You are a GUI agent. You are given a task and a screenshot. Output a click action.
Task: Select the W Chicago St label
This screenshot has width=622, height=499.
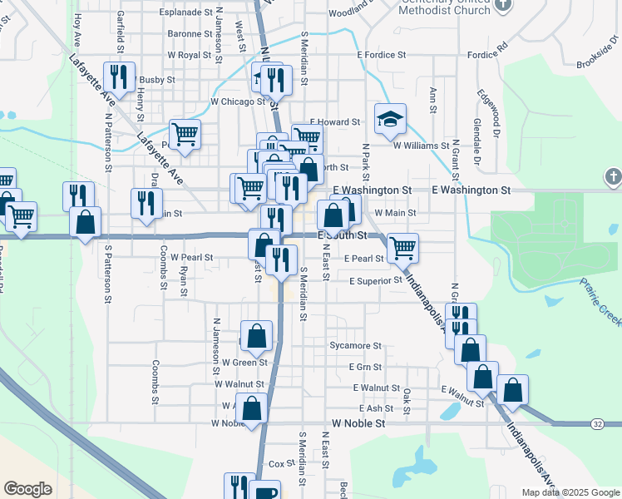(237, 101)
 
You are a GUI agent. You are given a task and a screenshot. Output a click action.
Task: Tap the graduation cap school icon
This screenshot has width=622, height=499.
(389, 119)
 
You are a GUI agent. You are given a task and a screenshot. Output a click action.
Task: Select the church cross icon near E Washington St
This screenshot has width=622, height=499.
(613, 176)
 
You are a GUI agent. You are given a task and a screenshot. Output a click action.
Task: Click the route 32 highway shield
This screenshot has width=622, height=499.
(598, 424)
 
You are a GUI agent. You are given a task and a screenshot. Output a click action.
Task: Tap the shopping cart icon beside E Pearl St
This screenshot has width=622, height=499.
(402, 246)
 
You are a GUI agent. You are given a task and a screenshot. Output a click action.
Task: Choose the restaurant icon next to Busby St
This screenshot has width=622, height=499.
(119, 77)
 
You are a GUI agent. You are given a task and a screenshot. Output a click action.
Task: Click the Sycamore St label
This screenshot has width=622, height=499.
(355, 345)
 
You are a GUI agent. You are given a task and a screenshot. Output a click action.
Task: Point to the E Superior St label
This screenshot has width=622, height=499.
(376, 281)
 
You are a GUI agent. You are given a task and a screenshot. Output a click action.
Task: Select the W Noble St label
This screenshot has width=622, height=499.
(358, 423)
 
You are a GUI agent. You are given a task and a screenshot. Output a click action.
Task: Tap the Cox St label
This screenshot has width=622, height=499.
(277, 463)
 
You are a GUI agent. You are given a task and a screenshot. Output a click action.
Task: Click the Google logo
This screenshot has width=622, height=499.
(27, 489)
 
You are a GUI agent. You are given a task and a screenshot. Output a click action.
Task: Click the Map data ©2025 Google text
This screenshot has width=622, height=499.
(570, 492)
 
